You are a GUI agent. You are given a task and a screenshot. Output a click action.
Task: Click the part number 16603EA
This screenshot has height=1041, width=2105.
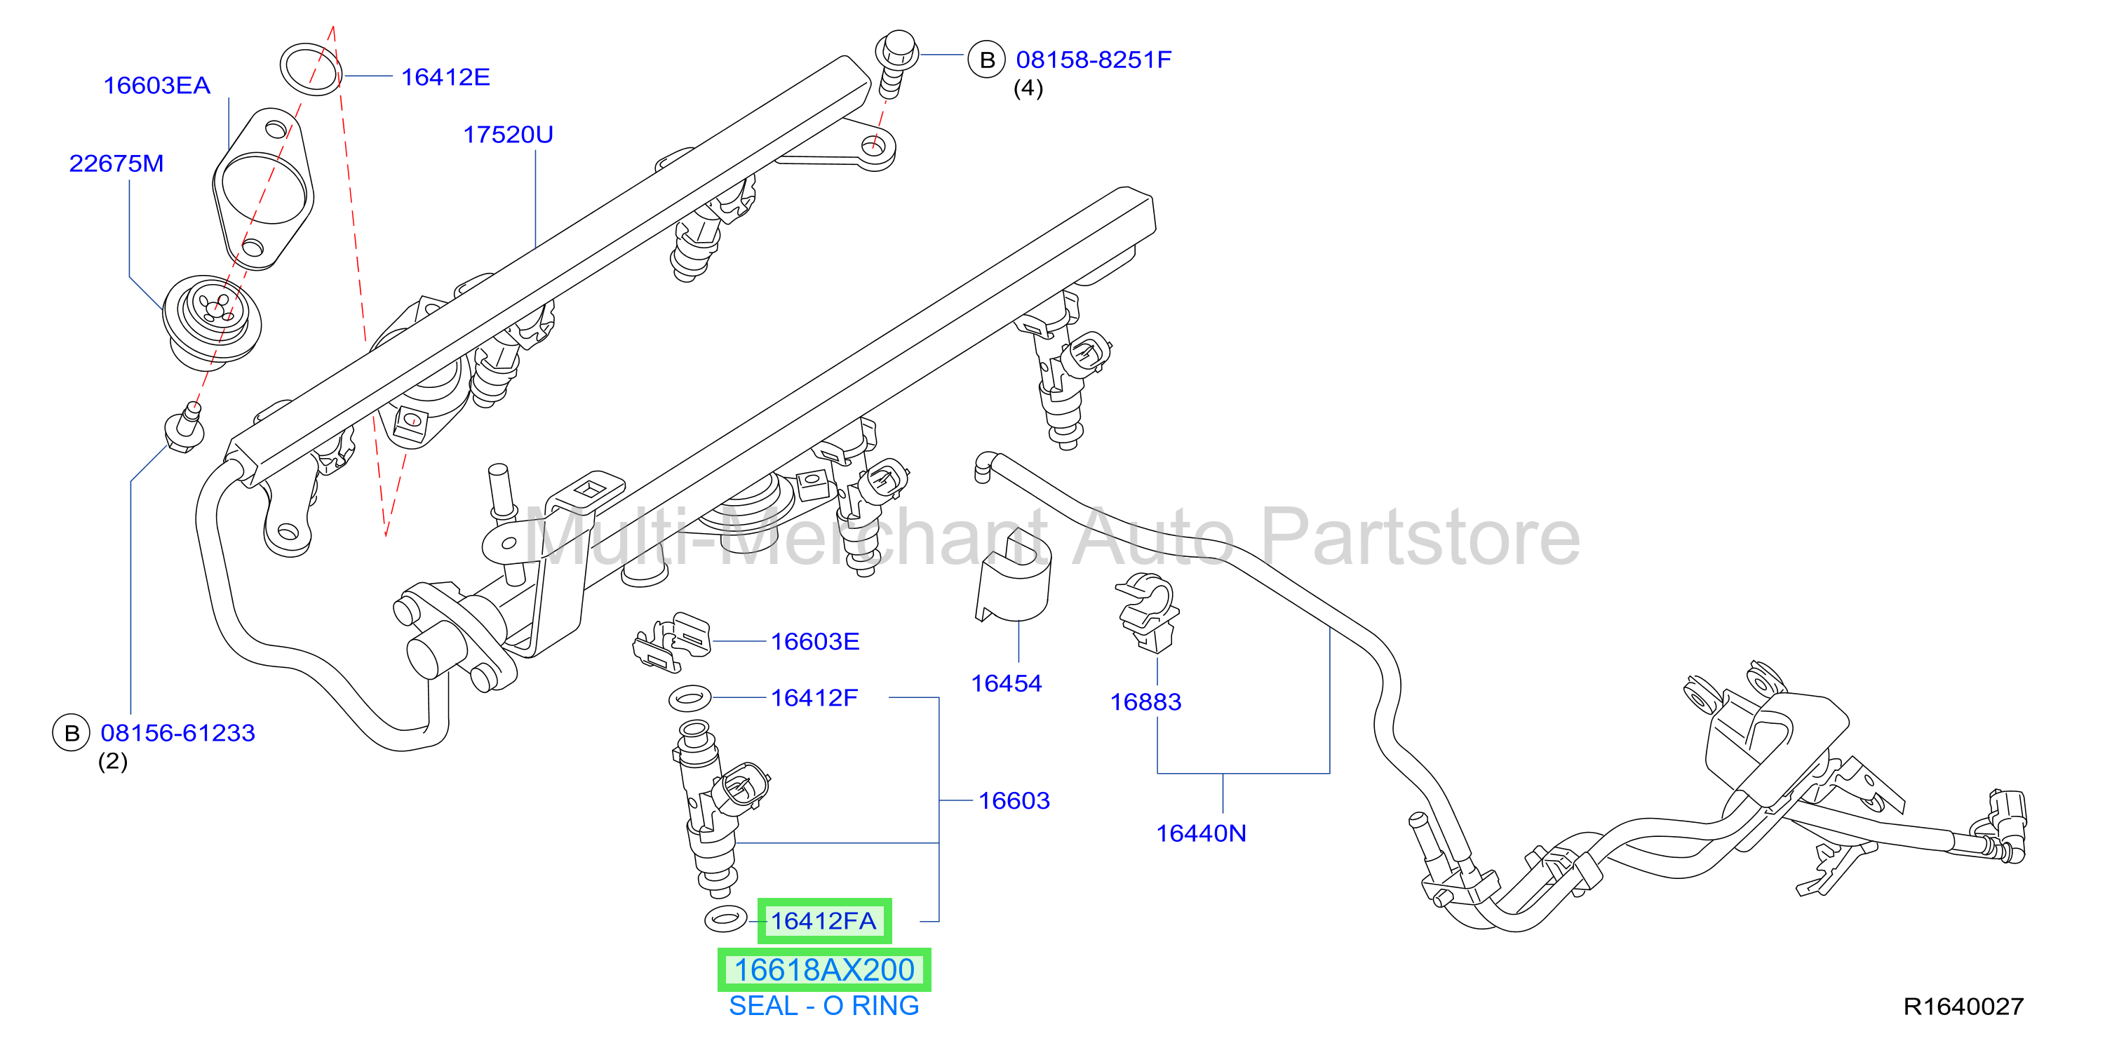click(x=156, y=85)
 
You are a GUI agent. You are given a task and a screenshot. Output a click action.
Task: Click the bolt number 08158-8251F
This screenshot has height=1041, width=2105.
click(x=1094, y=60)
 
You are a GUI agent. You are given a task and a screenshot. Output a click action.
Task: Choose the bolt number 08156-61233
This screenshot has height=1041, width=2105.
click(x=177, y=732)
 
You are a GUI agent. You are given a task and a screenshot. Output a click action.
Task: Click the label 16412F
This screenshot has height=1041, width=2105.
click(x=814, y=698)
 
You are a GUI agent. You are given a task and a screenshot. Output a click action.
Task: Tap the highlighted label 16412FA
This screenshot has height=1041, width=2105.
click(x=823, y=921)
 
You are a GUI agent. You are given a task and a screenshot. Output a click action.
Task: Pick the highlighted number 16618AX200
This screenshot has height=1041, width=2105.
click(x=823, y=970)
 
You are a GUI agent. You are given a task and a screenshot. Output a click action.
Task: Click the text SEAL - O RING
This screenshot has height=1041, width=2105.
click(x=823, y=1006)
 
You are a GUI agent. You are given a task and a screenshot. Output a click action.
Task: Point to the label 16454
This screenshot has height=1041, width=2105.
click(x=1006, y=683)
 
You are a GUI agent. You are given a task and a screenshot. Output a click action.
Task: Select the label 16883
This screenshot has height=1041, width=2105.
click(x=1145, y=702)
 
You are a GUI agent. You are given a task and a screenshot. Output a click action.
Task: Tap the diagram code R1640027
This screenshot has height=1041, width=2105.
click(x=1963, y=1006)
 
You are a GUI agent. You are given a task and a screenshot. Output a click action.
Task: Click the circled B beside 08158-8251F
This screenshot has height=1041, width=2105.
click(x=986, y=60)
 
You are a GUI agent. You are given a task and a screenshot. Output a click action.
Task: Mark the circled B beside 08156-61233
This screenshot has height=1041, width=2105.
click(x=72, y=733)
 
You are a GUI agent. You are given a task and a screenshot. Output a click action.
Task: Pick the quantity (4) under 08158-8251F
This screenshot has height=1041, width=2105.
click(x=1028, y=88)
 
